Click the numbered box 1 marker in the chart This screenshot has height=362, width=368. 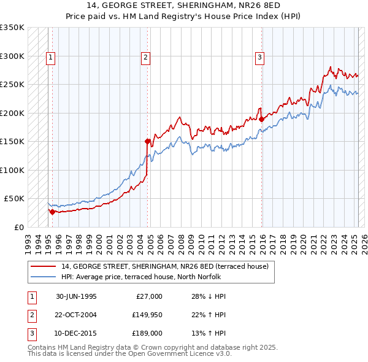click(x=50, y=58)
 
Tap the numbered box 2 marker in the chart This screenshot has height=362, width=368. click(x=146, y=58)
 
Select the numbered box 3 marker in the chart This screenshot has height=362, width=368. click(x=260, y=58)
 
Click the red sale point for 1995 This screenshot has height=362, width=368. click(x=52, y=212)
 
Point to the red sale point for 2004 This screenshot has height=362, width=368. click(x=148, y=141)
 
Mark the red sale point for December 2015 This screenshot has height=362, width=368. click(x=262, y=119)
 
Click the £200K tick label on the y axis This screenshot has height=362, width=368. click(x=12, y=113)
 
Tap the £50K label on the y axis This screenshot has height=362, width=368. click(x=14, y=198)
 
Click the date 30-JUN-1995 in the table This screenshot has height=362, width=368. click(x=76, y=296)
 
